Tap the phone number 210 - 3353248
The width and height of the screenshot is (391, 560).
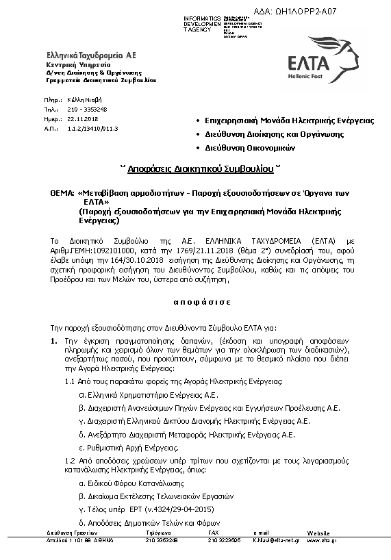pyautogui.click(x=87, y=109)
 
